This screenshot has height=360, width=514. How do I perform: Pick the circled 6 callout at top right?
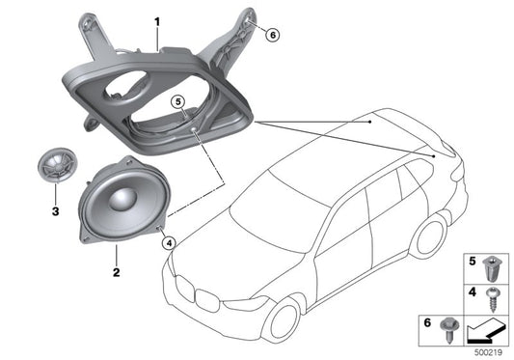(x=272, y=35)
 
